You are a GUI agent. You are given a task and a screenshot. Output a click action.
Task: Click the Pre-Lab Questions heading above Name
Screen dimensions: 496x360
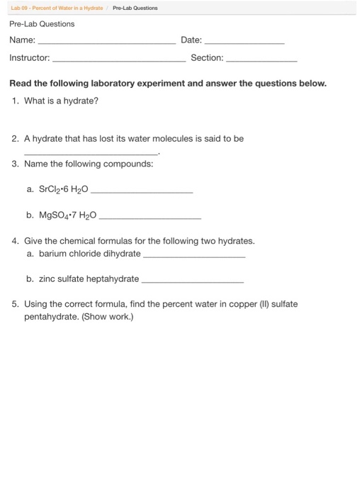[x=42, y=24]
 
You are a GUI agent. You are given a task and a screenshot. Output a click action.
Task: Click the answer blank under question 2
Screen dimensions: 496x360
[x=91, y=153]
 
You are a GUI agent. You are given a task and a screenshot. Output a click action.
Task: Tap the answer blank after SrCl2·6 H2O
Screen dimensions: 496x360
[x=142, y=192]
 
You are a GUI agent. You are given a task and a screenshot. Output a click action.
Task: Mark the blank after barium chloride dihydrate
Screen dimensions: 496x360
[x=194, y=256]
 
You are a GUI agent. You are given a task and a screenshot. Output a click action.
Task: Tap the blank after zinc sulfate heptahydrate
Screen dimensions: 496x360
[x=193, y=281]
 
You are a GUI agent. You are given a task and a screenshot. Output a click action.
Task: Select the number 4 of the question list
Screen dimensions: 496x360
[x=15, y=241]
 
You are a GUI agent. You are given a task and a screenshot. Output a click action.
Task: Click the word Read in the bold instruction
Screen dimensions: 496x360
[x=21, y=84]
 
